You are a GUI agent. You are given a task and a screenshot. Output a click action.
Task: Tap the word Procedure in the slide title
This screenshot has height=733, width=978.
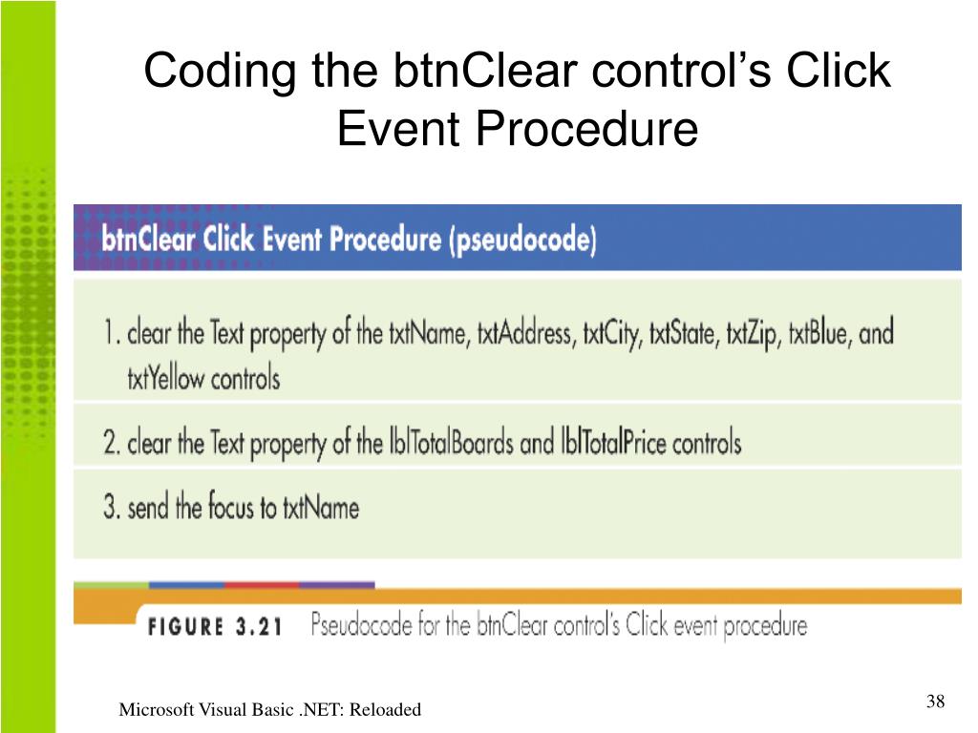(x=603, y=129)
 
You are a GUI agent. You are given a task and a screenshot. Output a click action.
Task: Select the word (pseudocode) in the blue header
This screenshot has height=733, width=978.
(x=521, y=240)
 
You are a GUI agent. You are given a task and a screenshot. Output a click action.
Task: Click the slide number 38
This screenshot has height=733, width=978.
(x=935, y=702)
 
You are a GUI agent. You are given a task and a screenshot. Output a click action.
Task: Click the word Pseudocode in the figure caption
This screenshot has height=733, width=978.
(x=363, y=626)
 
